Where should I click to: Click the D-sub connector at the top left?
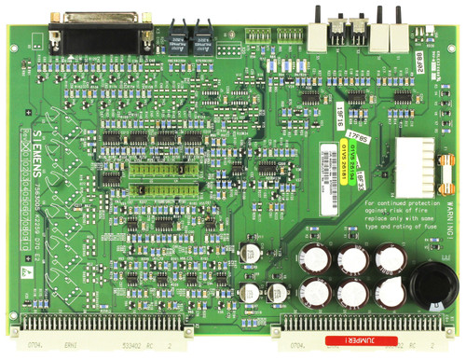click(x=103, y=35)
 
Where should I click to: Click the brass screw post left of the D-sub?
click(x=55, y=21)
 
